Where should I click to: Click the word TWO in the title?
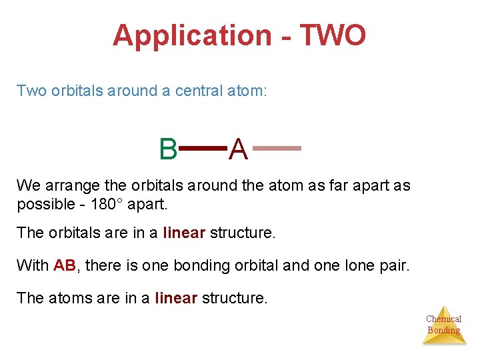[333, 35]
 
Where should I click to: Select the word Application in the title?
[191, 35]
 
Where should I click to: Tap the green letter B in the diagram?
[168, 149]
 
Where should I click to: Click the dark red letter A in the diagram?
[239, 150]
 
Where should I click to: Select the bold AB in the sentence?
[65, 265]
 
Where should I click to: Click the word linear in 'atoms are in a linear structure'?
[175, 297]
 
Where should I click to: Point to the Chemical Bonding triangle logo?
[443, 325]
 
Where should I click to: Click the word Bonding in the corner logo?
[443, 330]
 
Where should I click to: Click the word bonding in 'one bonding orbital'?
[198, 265]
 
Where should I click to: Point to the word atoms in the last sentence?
[69, 297]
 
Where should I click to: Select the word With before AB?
[32, 265]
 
